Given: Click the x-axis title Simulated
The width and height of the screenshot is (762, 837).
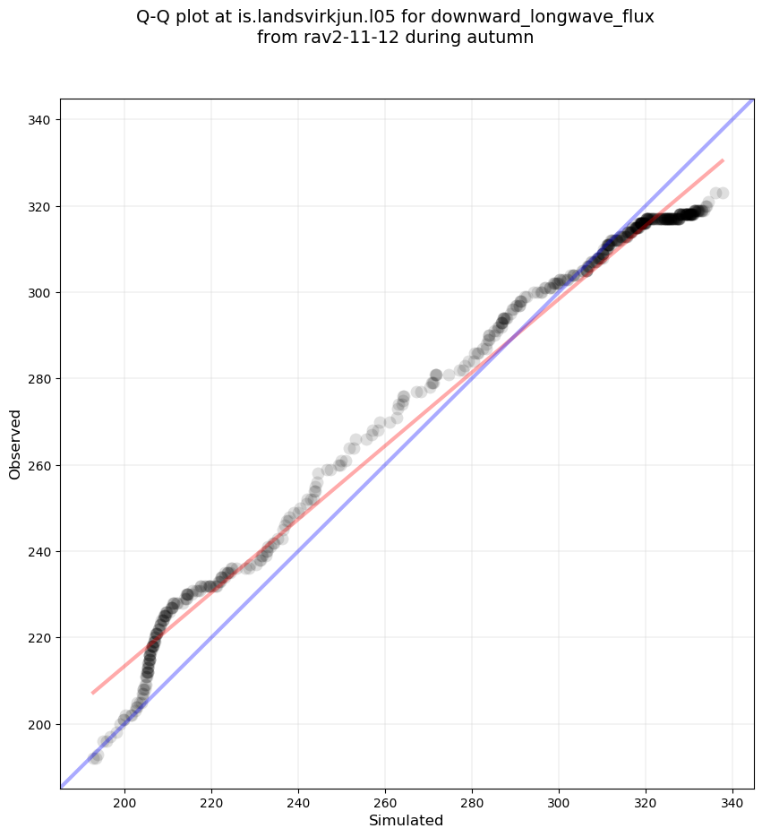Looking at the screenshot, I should [x=407, y=821].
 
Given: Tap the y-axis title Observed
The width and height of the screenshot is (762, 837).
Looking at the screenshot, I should [x=15, y=444].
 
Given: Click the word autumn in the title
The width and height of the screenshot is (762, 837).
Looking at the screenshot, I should [x=503, y=38].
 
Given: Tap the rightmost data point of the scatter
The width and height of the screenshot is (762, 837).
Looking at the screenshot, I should [x=723, y=193].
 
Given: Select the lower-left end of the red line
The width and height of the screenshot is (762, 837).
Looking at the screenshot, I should [x=92, y=693].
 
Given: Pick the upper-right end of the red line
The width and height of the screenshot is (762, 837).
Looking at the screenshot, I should [x=723, y=160].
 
